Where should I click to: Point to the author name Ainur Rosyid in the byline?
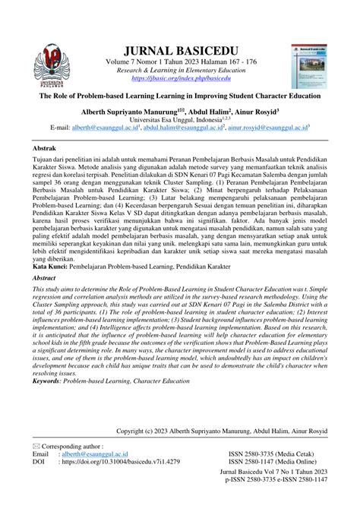click(x=255, y=110)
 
